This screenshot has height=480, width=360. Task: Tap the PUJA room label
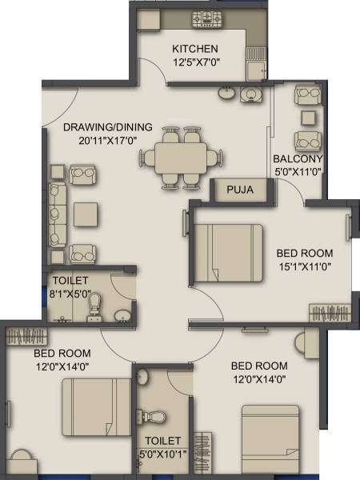pyautogui.click(x=240, y=190)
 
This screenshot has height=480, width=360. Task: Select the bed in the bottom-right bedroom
pyautogui.click(x=271, y=437)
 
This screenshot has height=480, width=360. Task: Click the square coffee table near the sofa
pyautogui.click(x=84, y=213)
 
